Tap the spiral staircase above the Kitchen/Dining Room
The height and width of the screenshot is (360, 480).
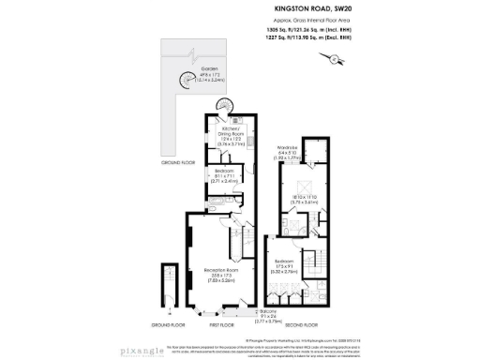pyautogui.click(x=217, y=119)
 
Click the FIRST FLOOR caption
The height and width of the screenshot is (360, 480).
pyautogui.click(x=221, y=325)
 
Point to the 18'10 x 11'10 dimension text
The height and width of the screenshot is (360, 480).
pyautogui.click(x=305, y=197)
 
